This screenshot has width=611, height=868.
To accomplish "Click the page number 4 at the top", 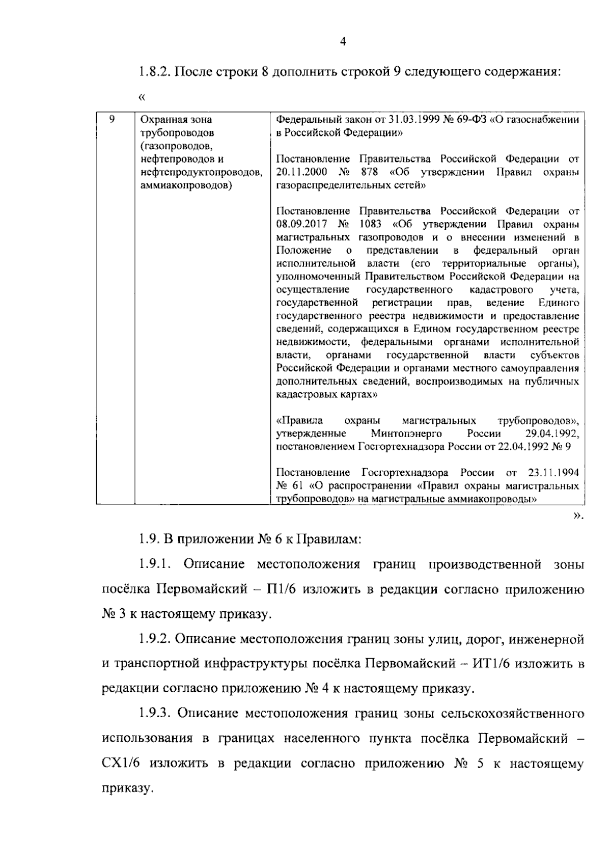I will click(343, 42).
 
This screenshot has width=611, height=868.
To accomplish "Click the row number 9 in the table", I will click(112, 119).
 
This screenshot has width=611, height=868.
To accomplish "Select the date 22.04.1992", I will click(526, 447).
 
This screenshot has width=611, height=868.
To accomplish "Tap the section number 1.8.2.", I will click(153, 71).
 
